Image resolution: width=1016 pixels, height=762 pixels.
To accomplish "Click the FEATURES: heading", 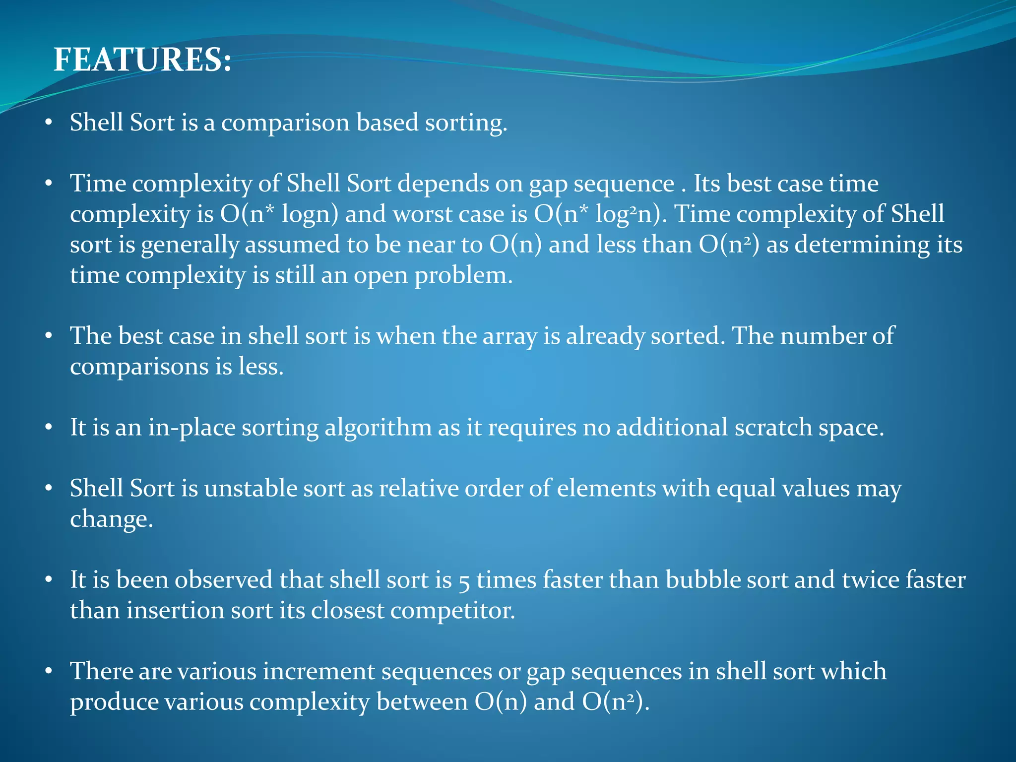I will (x=142, y=60).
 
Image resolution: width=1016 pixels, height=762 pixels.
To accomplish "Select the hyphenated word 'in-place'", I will (x=192, y=428).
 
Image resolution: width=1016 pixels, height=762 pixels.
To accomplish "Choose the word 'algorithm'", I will (x=378, y=428).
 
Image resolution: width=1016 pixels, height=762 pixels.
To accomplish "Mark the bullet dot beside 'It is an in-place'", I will (x=48, y=428).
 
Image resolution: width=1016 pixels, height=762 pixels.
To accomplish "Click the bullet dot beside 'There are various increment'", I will (x=48, y=672).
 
